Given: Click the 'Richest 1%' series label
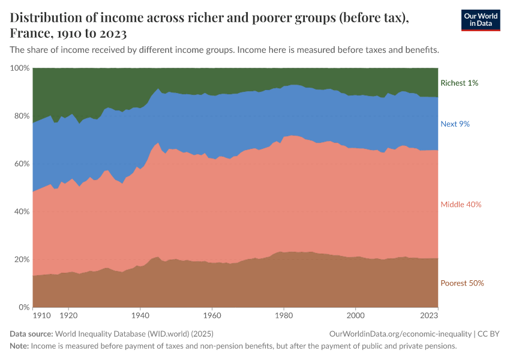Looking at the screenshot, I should (459, 83).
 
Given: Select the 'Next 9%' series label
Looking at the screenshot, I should (455, 124).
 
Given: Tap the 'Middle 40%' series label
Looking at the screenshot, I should (461, 205).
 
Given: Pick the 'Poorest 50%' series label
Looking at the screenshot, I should (462, 283).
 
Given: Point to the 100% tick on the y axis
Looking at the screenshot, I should (20, 68).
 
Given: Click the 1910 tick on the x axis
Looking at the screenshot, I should (41, 314).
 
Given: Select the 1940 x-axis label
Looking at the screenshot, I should (140, 314).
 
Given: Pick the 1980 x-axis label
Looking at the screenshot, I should (284, 314).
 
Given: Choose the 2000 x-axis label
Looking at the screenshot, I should (356, 314).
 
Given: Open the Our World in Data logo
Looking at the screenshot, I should (480, 19).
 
